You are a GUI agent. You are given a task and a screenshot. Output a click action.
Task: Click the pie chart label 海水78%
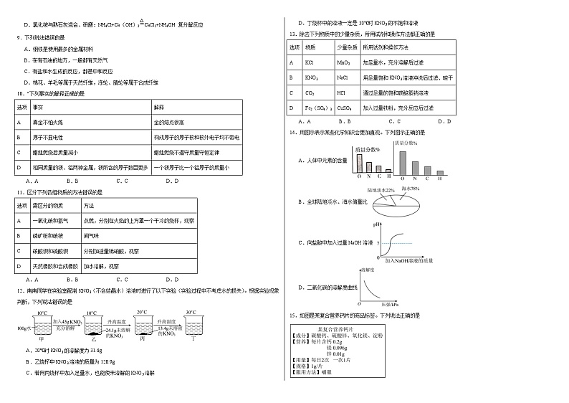[410, 188]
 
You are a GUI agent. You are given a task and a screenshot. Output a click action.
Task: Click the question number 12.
[19, 290]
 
